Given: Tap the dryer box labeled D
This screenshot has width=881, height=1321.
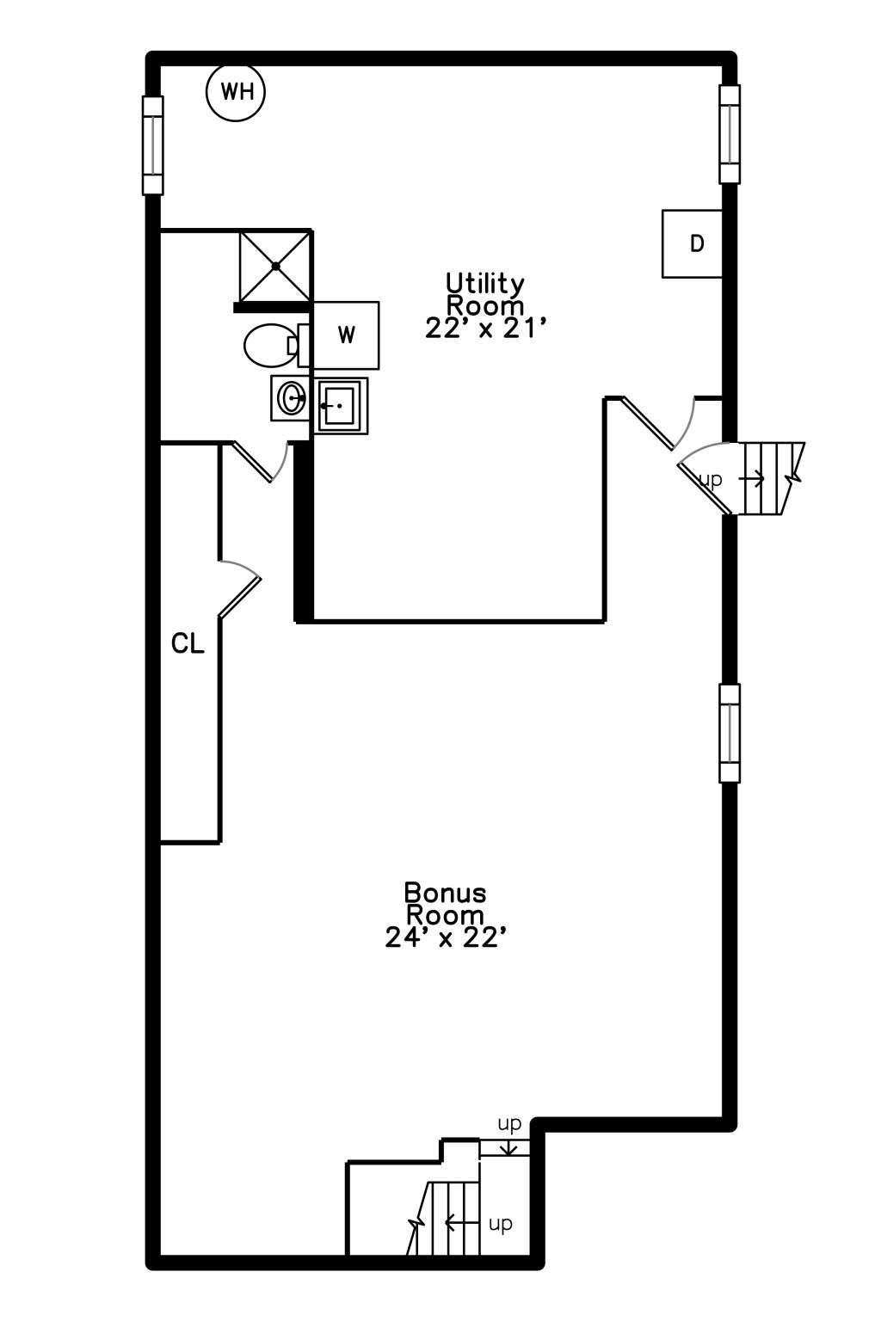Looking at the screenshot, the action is click(x=693, y=243).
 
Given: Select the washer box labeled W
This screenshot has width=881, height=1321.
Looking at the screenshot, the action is click(x=346, y=335).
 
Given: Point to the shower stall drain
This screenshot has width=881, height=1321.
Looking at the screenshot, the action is click(x=275, y=266).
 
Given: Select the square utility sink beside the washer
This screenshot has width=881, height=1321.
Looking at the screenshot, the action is click(x=341, y=406).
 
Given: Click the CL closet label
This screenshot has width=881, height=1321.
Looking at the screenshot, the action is click(x=188, y=643).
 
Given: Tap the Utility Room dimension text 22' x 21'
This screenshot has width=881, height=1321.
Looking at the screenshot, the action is click(x=483, y=329).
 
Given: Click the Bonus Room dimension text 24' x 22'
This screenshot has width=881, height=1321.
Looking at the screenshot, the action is click(x=443, y=937).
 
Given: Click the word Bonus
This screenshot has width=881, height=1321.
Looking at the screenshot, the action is click(x=445, y=893).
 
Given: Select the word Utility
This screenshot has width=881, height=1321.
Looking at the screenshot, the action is click(x=485, y=284).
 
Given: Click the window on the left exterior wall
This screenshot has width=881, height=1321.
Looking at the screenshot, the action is click(x=153, y=145).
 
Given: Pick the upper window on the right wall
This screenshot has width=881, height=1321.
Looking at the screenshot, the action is click(x=730, y=134).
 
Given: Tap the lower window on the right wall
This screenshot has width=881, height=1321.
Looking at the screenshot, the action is click(x=730, y=734).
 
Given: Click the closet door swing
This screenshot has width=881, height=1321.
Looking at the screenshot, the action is click(x=240, y=588).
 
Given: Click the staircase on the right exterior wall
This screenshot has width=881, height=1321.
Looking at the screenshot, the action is click(x=770, y=477).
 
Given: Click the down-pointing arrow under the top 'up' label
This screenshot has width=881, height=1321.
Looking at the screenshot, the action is click(x=508, y=1146).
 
